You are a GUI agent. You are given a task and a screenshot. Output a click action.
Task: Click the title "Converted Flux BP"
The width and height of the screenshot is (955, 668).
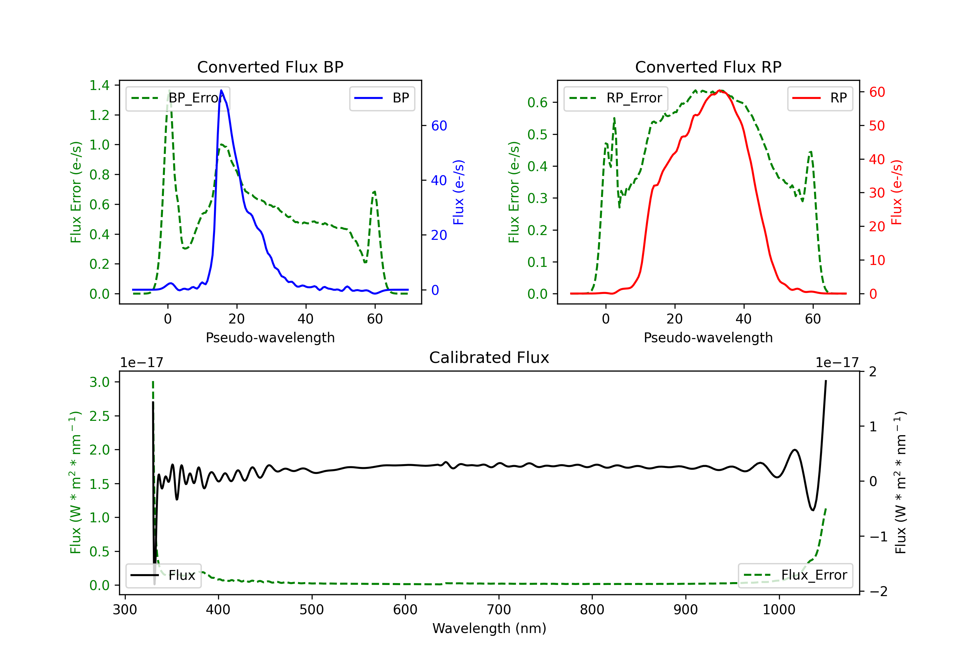pos(270,67)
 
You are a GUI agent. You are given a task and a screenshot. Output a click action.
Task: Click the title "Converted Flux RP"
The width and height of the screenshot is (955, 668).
pos(708,67)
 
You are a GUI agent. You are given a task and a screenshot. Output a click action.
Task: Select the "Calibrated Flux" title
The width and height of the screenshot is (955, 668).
pos(489,358)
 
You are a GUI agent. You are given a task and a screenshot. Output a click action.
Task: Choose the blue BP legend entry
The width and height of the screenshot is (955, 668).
pos(382,98)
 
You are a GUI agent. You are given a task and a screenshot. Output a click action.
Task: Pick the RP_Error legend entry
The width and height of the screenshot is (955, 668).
pos(616,98)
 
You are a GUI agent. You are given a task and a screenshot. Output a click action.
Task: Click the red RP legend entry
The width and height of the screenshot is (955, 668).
pos(820,98)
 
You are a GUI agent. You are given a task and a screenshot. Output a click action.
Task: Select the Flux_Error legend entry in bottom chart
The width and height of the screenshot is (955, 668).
pos(795,575)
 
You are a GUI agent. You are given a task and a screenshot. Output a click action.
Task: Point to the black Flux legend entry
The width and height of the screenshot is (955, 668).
pos(163,575)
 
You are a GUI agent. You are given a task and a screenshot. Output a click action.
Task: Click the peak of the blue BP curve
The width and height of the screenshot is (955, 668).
pos(221,90)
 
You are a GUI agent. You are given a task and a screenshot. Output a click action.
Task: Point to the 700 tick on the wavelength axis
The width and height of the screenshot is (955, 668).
pos(499,609)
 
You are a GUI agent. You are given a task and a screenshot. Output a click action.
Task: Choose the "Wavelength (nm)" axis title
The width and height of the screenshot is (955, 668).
pos(489,629)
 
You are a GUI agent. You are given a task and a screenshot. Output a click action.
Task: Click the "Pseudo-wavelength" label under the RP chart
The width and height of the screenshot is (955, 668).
pos(708,337)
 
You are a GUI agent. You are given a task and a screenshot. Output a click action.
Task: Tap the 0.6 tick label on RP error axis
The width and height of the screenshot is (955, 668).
pos(537,102)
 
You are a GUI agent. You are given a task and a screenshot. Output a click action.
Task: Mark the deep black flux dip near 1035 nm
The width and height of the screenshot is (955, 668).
pos(813,510)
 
